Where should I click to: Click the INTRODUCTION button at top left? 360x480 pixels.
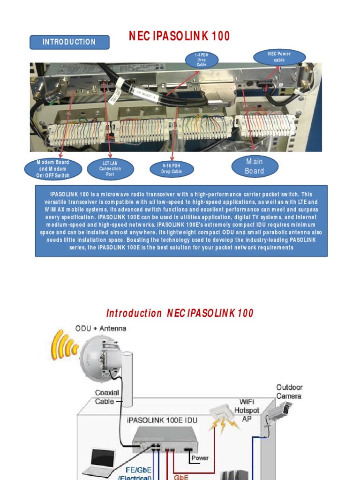click(69, 42)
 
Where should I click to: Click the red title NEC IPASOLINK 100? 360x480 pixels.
click(180, 36)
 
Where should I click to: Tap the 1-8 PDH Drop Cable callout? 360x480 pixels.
click(201, 60)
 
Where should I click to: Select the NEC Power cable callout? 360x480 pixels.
click(279, 57)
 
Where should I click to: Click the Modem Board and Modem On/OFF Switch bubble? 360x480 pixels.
click(53, 169)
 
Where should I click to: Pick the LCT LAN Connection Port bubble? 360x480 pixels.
click(110, 169)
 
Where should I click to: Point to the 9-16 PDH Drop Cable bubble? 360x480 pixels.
click(172, 169)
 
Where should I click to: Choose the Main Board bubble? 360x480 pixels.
click(255, 166)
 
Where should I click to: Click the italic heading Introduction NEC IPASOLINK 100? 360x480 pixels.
click(180, 313)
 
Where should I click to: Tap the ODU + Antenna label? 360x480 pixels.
click(101, 328)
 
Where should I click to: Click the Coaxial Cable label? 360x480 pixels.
click(107, 397)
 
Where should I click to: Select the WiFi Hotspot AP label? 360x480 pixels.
click(247, 410)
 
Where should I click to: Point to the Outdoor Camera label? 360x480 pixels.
click(289, 392)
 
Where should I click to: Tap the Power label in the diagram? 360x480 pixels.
click(199, 458)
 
